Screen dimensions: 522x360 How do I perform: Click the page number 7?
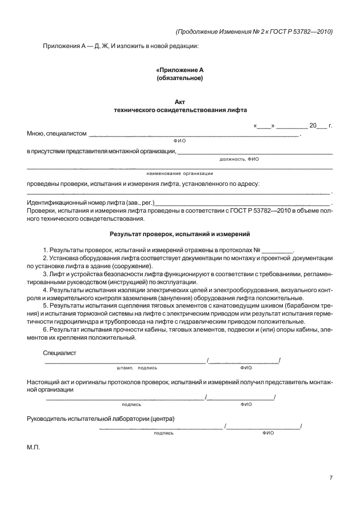(331, 478)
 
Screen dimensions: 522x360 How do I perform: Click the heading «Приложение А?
(179, 70)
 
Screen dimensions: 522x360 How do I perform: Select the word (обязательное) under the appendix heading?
(179, 77)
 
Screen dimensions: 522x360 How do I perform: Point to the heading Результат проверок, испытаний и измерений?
(179, 234)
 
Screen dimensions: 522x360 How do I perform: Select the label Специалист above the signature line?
(59, 353)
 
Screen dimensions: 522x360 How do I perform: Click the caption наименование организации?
(179, 173)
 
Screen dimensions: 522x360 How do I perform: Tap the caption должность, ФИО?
(239, 160)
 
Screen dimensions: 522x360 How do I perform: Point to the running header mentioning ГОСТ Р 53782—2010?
(254, 31)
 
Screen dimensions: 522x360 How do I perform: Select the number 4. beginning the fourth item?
(45, 290)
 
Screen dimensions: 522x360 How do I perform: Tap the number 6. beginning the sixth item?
(45, 330)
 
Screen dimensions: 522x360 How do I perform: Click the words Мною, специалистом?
(57, 134)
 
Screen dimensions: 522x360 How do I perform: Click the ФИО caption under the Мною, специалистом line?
(179, 141)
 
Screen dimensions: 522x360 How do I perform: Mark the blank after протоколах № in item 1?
(277, 250)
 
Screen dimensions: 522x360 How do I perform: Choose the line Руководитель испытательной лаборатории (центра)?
(101, 419)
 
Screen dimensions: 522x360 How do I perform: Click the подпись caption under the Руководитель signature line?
(163, 433)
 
